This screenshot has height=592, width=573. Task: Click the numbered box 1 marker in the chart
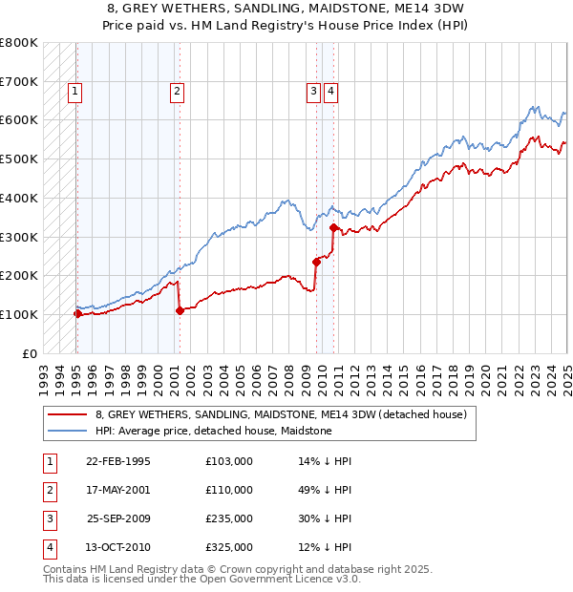[x=74, y=92]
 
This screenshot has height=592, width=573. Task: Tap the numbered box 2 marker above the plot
[x=178, y=92]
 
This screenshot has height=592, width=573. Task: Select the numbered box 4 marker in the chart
[x=330, y=92]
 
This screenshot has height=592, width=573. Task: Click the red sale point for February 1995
[x=77, y=313]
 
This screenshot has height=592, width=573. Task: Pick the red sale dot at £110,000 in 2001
[x=180, y=310]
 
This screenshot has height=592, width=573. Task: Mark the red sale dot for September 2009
[x=316, y=262]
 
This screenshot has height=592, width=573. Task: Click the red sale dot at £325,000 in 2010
[x=333, y=227]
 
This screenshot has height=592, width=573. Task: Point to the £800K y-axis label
[x=18, y=43]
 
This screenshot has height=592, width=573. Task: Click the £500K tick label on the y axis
[x=18, y=159]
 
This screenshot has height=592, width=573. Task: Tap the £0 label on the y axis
[x=29, y=353]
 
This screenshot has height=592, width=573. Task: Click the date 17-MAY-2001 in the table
[x=118, y=490]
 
